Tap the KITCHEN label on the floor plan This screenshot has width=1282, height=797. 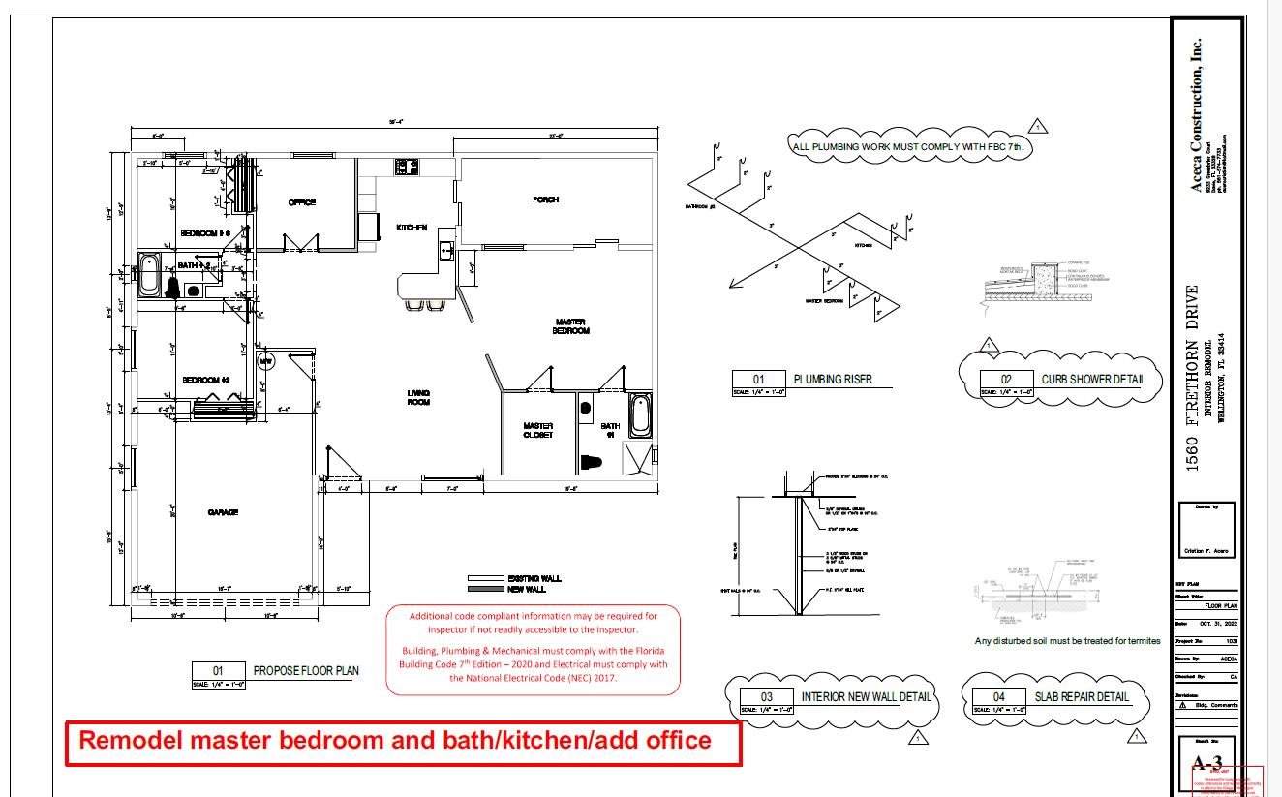pyautogui.click(x=412, y=228)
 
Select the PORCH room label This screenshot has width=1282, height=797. pyautogui.click(x=546, y=200)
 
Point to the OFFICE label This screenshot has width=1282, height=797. pyautogui.click(x=302, y=202)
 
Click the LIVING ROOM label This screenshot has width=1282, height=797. pyautogui.click(x=418, y=397)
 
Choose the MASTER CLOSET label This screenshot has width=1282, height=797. pyautogui.click(x=538, y=430)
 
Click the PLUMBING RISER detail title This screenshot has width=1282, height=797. pyautogui.click(x=832, y=380)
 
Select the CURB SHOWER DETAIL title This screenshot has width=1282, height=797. pyautogui.click(x=1092, y=380)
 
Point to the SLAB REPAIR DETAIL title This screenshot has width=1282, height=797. pyautogui.click(x=1082, y=696)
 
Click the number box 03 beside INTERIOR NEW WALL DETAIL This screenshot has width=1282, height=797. pyautogui.click(x=766, y=696)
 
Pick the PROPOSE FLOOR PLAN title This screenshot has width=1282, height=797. pyautogui.click(x=306, y=670)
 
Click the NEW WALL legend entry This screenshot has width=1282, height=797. pyautogui.click(x=526, y=589)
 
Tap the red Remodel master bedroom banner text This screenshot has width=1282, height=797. pyautogui.click(x=395, y=741)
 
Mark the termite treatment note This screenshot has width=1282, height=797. pyautogui.click(x=1067, y=641)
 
